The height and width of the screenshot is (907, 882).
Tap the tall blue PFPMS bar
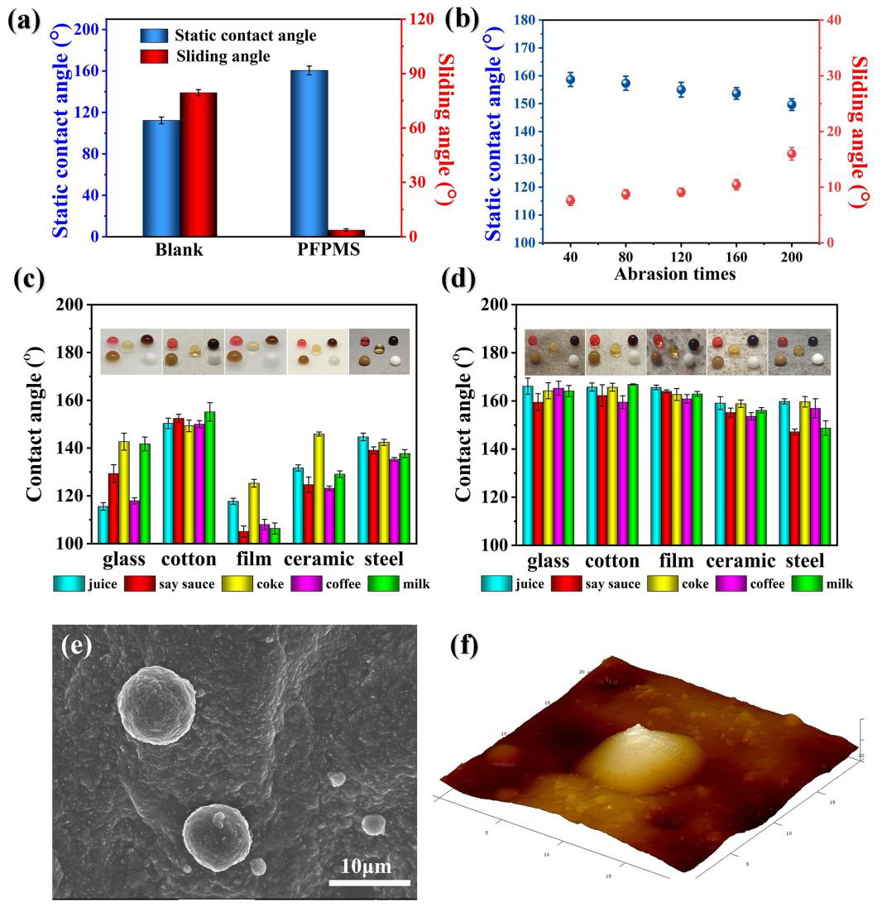coord(309,153)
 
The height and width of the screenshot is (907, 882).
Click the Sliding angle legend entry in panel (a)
coord(222,56)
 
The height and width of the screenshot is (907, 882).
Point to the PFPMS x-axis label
coord(328,249)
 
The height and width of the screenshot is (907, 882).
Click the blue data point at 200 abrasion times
coord(792,104)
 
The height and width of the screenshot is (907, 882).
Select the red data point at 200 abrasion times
coord(792,153)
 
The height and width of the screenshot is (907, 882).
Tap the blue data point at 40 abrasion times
coord(570,79)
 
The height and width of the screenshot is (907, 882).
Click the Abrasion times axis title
coord(675,274)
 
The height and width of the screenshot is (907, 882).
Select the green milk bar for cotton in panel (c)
coord(209,477)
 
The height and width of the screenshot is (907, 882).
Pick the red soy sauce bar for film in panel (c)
coord(243,536)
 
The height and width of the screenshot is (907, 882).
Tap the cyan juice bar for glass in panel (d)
coord(527,465)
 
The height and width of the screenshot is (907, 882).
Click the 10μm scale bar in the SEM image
coord(369,882)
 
